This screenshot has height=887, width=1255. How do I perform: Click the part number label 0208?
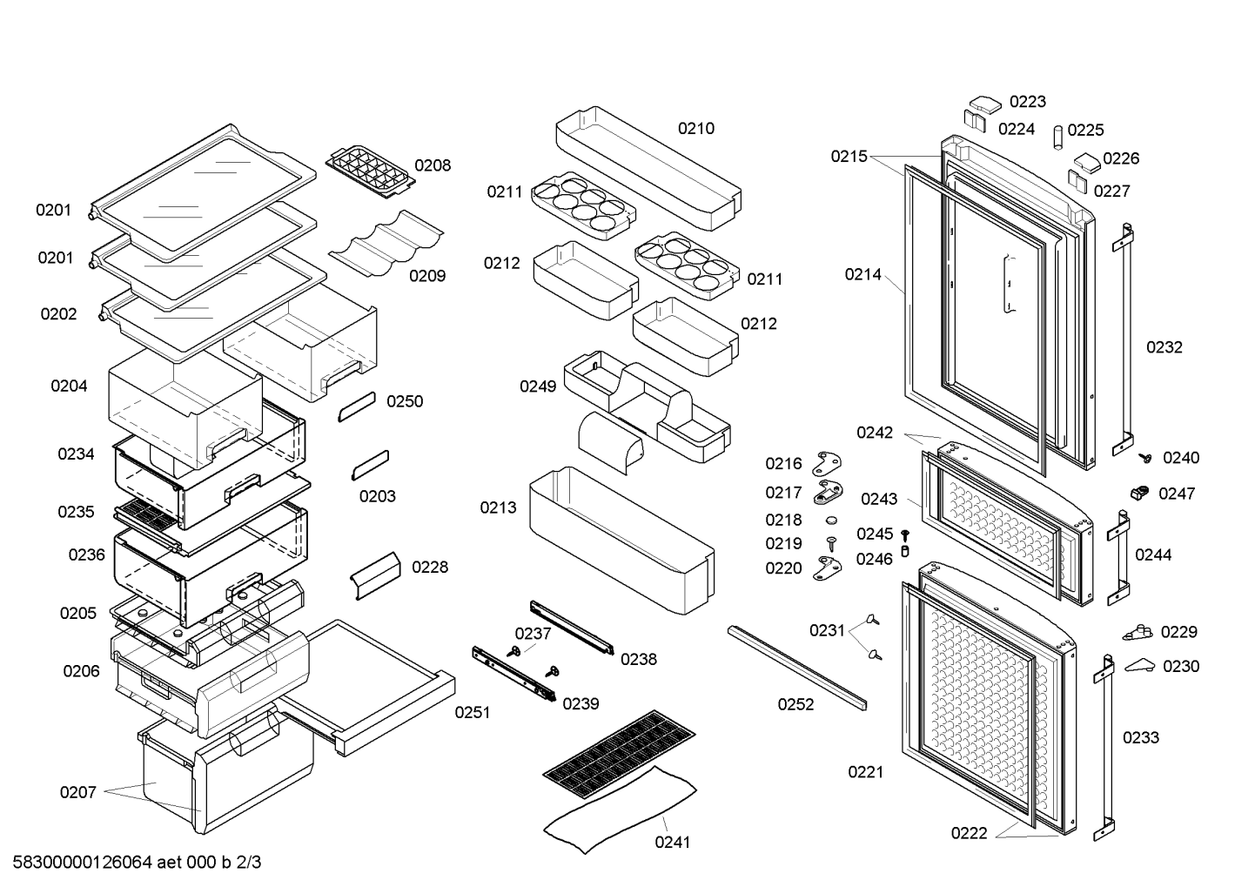click(x=433, y=165)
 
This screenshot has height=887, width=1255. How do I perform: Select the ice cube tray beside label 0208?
click(x=371, y=172)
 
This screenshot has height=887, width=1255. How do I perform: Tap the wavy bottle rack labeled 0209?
click(x=386, y=243)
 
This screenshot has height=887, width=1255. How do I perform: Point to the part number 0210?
click(x=696, y=128)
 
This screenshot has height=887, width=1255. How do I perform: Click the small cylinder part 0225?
click(x=1057, y=138)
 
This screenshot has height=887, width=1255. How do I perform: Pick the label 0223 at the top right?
click(x=1028, y=102)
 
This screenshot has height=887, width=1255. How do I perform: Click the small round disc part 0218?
click(x=831, y=521)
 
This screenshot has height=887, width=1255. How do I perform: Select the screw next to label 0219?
click(x=831, y=543)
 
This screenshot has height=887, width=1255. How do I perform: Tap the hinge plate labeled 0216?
click(x=827, y=464)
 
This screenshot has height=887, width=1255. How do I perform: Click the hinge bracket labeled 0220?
click(x=828, y=568)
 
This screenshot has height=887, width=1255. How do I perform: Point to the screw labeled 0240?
click(x=1145, y=459)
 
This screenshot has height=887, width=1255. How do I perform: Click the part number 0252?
click(x=795, y=704)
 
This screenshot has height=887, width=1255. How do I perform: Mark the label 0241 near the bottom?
click(x=672, y=843)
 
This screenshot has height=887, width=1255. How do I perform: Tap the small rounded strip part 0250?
click(x=357, y=407)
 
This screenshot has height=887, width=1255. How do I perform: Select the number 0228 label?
click(x=430, y=567)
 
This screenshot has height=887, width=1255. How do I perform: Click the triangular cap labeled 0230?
click(x=1139, y=665)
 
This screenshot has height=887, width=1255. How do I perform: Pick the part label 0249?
click(x=538, y=386)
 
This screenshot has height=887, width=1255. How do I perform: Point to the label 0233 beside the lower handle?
click(x=1141, y=737)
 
